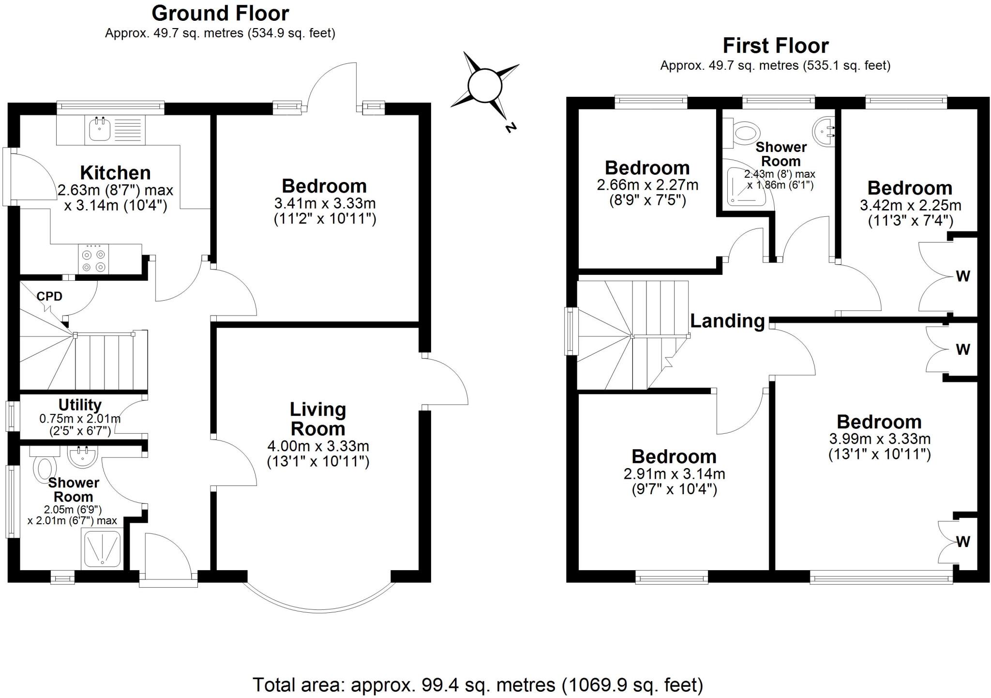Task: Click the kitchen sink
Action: (x=100, y=128)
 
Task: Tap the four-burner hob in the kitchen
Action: (x=94, y=260)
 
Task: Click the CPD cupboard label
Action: (x=49, y=296)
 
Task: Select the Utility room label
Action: (x=80, y=405)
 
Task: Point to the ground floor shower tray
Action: (x=103, y=548)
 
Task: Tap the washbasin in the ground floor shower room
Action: (x=83, y=456)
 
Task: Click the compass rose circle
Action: (x=485, y=86)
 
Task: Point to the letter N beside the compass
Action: (x=510, y=127)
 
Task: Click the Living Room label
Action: (x=318, y=419)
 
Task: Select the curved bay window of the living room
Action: (x=319, y=605)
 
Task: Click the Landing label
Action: (x=727, y=320)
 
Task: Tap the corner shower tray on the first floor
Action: (x=745, y=184)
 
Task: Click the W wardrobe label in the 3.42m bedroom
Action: (x=963, y=276)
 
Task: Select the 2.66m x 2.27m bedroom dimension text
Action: (x=647, y=184)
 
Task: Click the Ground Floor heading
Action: (x=220, y=13)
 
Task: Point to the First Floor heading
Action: (x=775, y=46)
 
